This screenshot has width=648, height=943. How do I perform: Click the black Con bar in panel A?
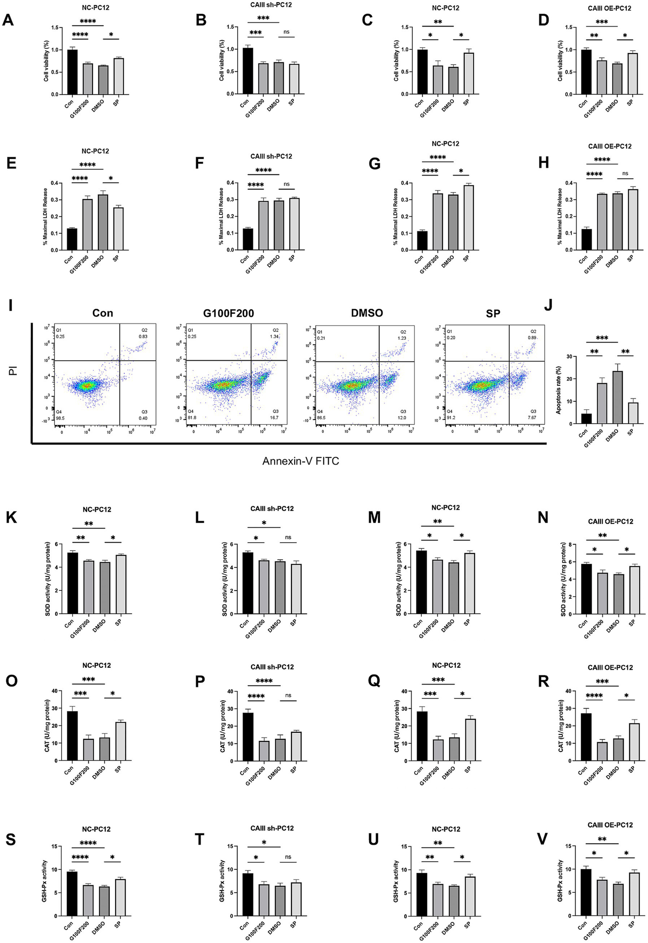tap(72, 72)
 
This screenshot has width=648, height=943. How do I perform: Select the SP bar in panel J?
tap(633, 413)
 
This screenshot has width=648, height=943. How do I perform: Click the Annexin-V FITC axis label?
tap(301, 461)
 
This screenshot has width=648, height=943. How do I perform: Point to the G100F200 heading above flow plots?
tap(228, 313)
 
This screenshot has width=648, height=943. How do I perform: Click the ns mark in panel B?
tap(287, 32)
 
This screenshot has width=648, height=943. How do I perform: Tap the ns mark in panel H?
tap(625, 173)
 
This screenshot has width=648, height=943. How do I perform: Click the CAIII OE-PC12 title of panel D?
tap(609, 8)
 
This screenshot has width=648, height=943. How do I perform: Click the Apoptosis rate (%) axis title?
tap(559, 390)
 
